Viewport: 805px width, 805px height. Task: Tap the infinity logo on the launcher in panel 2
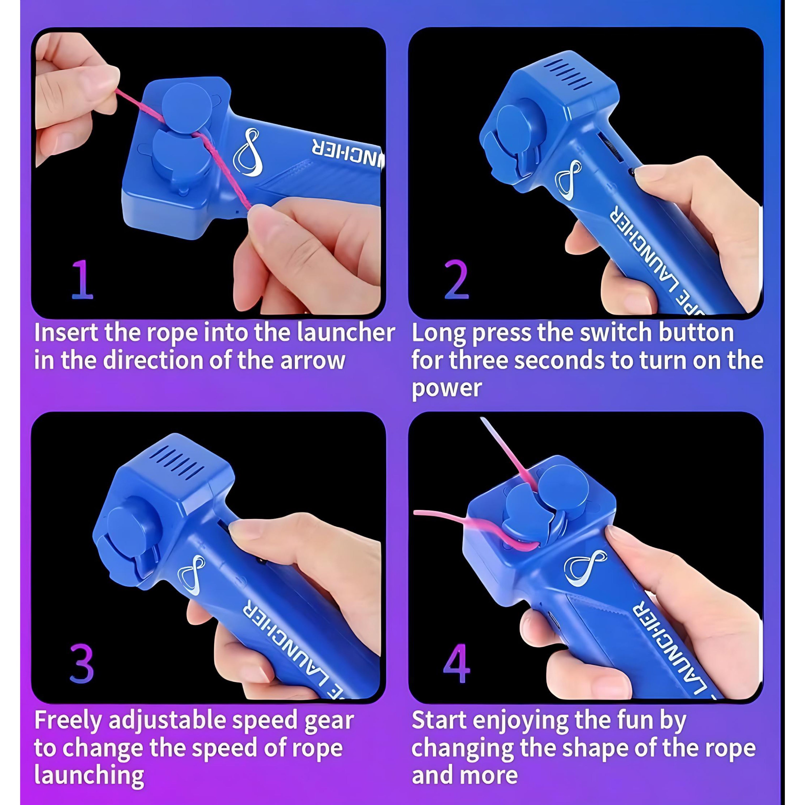click(568, 180)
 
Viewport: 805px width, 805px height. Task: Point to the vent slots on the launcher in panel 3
click(175, 462)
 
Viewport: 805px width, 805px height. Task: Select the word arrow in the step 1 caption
click(313, 360)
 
